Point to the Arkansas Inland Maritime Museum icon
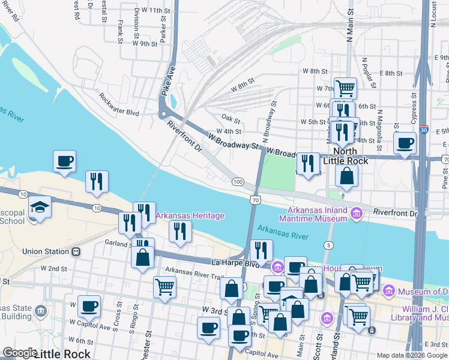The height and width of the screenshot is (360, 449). pos(357,212)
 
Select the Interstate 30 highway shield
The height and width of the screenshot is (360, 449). pos(424,130)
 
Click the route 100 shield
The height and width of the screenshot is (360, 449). pos(238,181)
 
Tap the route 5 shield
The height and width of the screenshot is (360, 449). pos(328,245)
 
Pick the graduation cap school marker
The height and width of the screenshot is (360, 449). pos(40,208)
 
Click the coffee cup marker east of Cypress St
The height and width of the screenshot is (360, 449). pos(406,144)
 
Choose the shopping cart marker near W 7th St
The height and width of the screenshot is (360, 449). pos(345,88)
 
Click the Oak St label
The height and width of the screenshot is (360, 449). pos(231,118)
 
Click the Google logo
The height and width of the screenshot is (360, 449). pos(19,353)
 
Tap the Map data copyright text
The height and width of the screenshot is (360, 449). pos(412,355)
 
